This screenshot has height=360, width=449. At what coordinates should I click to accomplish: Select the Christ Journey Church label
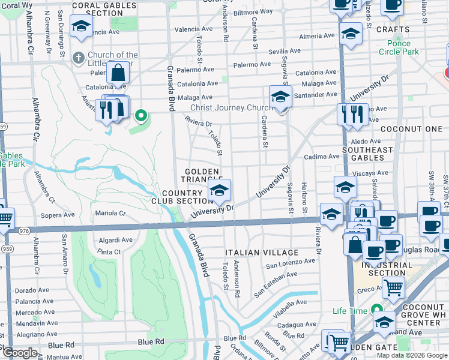pos(231,108)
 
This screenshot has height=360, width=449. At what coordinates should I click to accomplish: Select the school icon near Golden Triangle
pos(220,191)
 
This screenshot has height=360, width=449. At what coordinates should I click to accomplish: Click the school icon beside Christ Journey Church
pos(280,96)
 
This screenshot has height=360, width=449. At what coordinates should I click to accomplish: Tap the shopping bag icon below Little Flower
pos(119,73)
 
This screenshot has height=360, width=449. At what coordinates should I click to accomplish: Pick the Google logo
pos(20,352)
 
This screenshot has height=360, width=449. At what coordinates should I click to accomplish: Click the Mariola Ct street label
pos(110,213)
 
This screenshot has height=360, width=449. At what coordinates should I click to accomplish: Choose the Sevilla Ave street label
pos(285,52)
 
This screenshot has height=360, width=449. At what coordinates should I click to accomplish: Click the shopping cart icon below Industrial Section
pos(393,287)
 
